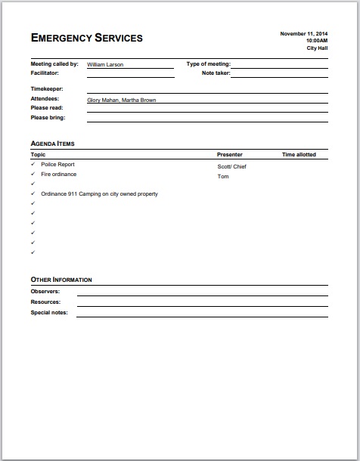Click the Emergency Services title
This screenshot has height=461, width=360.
(86, 38)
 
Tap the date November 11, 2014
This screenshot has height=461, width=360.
(304, 34)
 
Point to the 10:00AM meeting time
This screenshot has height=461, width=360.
(316, 41)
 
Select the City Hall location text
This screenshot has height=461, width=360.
(317, 48)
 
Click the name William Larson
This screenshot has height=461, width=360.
(105, 65)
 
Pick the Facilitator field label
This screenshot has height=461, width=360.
(45, 73)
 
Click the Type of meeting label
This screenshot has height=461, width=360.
(208, 65)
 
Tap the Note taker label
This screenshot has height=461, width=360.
(216, 73)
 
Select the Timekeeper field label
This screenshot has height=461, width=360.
(46, 89)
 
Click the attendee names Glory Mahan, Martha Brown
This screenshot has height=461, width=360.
(122, 100)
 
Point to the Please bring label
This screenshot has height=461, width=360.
(47, 117)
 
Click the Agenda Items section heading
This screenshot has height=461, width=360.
(52, 143)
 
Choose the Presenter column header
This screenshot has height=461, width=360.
(230, 155)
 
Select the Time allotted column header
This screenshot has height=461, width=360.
(299, 155)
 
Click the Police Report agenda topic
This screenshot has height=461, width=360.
(57, 164)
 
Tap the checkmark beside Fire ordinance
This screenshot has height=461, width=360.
(33, 174)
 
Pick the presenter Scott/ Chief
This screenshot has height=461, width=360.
(232, 167)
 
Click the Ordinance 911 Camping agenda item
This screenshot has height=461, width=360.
(99, 193)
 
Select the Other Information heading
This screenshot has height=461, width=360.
(61, 280)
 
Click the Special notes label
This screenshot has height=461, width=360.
(49, 312)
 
